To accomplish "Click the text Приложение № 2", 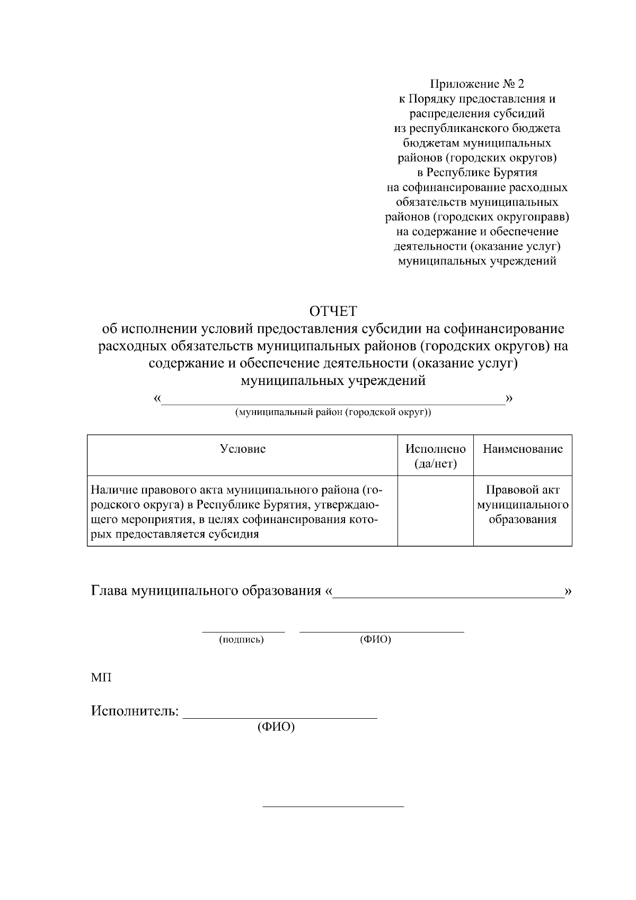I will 476,84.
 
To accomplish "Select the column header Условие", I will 242,449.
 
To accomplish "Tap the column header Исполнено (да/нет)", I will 435,456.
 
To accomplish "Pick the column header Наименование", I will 522,449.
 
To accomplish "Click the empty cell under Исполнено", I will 435,511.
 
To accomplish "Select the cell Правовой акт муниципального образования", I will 522,505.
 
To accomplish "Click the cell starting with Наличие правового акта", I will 236,511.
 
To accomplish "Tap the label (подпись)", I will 241,640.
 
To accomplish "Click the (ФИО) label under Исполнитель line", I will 276,727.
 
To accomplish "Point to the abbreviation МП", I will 101,677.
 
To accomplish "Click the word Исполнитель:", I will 135,711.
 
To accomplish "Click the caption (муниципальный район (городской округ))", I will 333,412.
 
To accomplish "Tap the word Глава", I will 110,590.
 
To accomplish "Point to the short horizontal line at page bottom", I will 333,807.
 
